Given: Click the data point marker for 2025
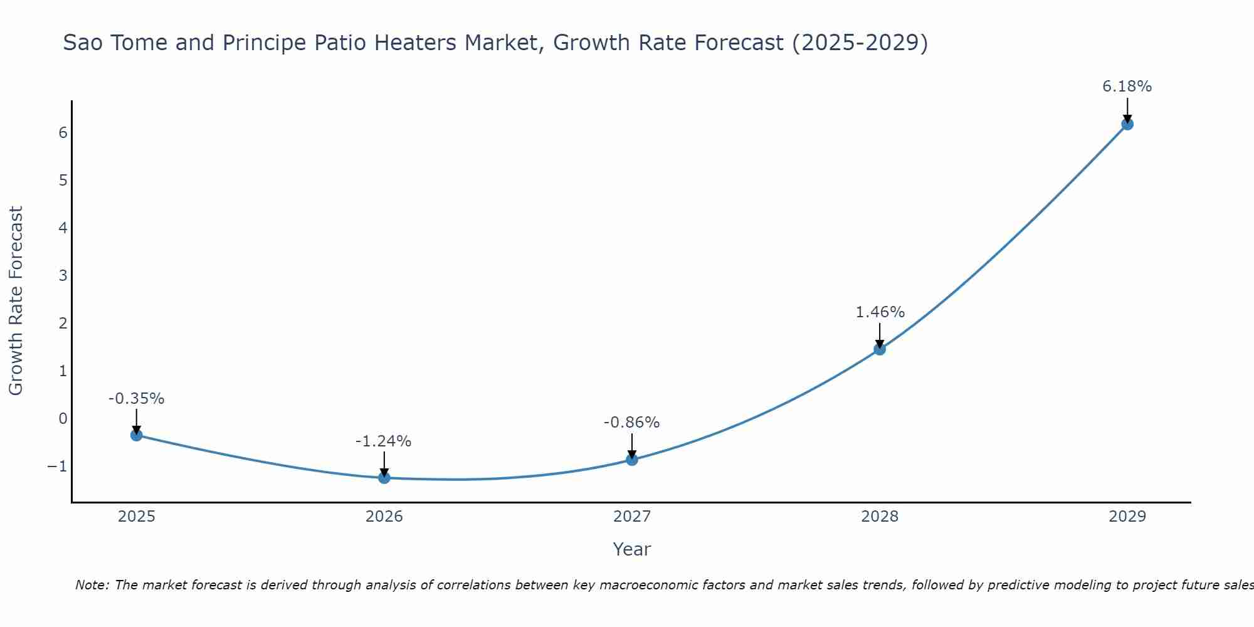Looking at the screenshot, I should [x=137, y=435].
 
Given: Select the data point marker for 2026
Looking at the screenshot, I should [x=384, y=478].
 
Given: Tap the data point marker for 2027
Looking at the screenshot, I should [x=632, y=460].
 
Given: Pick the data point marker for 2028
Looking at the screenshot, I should [x=880, y=349].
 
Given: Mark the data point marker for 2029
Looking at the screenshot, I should [x=1127, y=124].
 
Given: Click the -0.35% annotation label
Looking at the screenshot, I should [x=137, y=399].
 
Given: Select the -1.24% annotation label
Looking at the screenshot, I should [x=384, y=441].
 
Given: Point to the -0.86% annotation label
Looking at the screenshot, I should [x=632, y=423].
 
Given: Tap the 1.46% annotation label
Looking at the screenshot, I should [x=880, y=312].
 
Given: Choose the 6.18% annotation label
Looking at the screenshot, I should [x=1127, y=87].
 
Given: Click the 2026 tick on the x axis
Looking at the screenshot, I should [x=384, y=517].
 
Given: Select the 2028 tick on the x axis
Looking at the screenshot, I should [x=880, y=517].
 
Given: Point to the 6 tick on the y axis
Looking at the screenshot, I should [x=63, y=133].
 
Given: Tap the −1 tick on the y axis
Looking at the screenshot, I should [x=57, y=466].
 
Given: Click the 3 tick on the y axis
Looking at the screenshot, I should [x=63, y=276].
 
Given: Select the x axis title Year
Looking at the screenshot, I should [x=632, y=549].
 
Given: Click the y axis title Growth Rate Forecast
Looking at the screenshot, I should [x=16, y=301].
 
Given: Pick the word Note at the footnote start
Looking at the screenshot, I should [x=92, y=585].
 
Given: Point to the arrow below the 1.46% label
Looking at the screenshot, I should [x=880, y=336].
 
